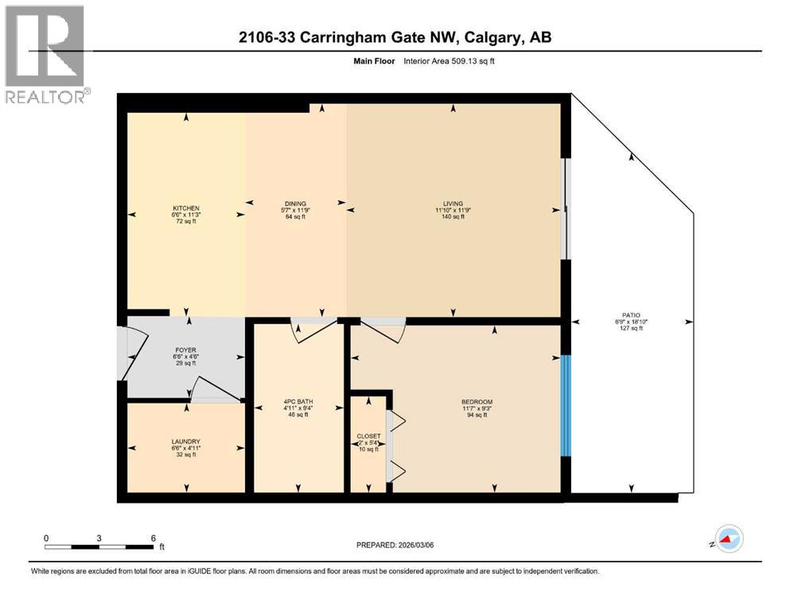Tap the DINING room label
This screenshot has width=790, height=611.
click(295, 204)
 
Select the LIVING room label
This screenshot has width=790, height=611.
click(453, 204)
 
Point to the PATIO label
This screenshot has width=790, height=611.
click(631, 315)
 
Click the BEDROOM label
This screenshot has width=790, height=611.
click(477, 402)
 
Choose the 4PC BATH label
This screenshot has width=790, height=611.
click(298, 402)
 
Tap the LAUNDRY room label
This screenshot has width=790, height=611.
click(185, 442)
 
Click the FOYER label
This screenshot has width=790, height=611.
click(185, 350)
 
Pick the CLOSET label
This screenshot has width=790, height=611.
click(368, 437)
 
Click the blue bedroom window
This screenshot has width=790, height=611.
click(565, 405)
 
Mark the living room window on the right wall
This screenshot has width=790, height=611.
click(566, 208)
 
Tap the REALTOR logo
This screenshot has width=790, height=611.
click(45, 56)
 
